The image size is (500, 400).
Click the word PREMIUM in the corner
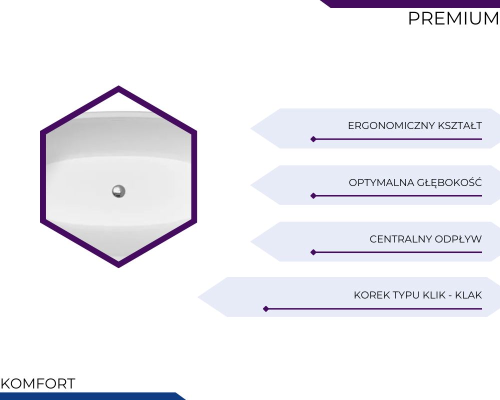[x=454, y=18]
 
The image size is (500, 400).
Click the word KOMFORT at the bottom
[x=38, y=383]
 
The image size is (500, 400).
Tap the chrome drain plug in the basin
[x=118, y=191]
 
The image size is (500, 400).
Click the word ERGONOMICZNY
[x=391, y=125]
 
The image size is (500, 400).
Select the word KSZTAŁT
[x=460, y=125]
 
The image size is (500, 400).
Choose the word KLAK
[x=468, y=295]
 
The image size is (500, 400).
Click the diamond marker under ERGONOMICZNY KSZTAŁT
[x=313, y=139]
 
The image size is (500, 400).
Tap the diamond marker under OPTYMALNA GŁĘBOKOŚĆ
[x=313, y=195]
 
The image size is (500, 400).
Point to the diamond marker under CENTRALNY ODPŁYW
[x=313, y=252]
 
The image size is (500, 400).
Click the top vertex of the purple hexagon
[x=118, y=86]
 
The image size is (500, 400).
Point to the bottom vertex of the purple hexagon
[x=118, y=267]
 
